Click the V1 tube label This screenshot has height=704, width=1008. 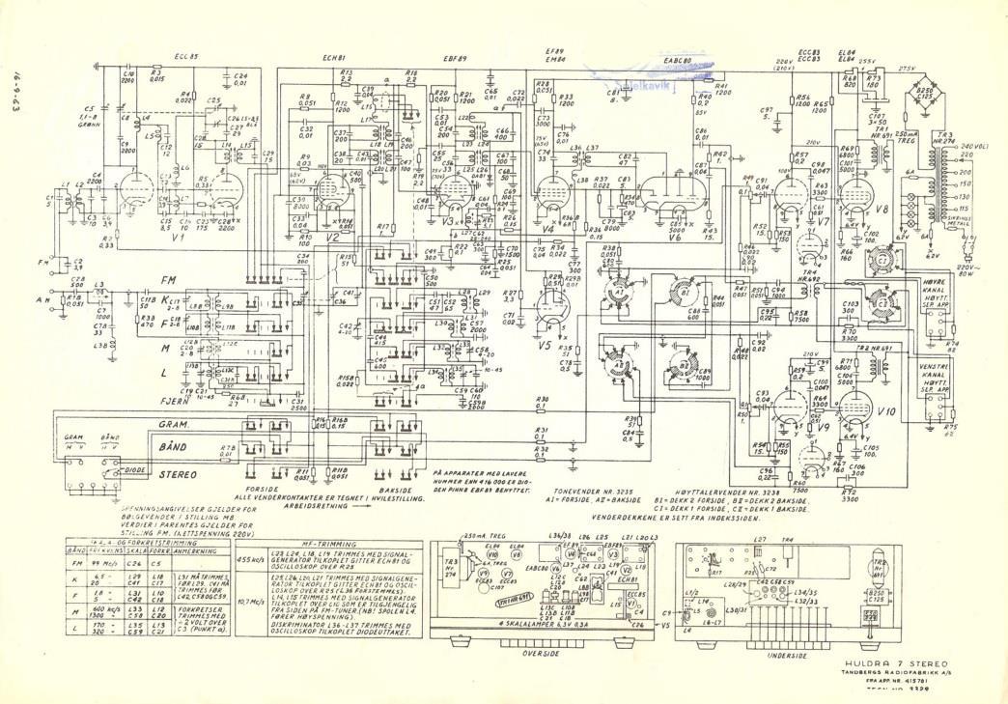176,237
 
